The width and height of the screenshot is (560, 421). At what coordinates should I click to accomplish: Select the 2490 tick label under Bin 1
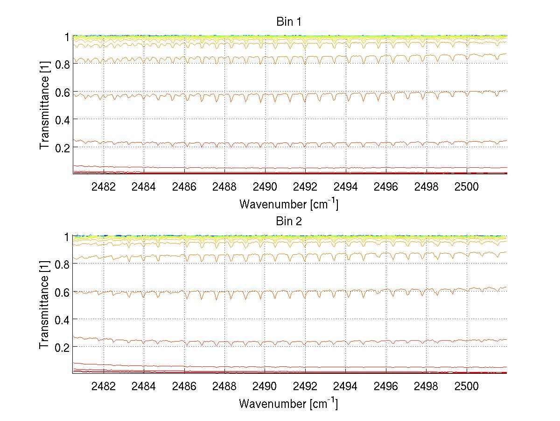tap(265, 187)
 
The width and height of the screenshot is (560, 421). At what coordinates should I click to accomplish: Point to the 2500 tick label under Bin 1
tap(466, 187)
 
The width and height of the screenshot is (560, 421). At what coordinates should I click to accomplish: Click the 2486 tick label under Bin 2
tap(184, 386)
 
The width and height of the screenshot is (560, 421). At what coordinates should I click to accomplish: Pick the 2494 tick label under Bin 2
tap(345, 386)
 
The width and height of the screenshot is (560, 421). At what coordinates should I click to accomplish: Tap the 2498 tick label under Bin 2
tap(426, 386)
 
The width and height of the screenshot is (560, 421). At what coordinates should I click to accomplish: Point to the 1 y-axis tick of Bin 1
tap(67, 37)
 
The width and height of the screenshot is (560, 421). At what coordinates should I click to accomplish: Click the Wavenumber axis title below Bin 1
tap(288, 204)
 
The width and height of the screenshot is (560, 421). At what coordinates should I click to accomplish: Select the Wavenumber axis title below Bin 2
tap(288, 403)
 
